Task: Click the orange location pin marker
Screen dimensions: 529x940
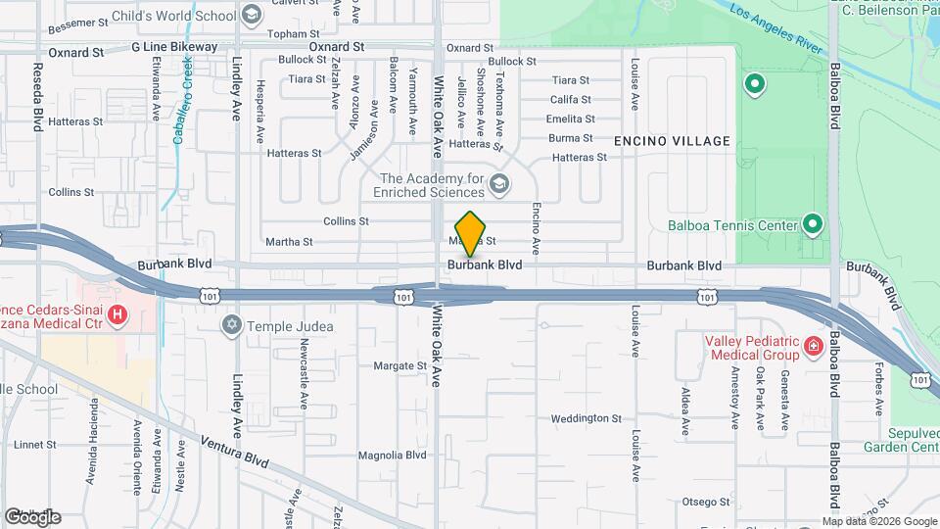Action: [471, 233]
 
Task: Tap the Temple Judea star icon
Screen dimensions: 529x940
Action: [232, 324]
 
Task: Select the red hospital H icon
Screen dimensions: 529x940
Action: [117, 314]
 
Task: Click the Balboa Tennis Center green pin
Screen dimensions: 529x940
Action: [812, 224]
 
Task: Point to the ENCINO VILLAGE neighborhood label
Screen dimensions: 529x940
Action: [672, 141]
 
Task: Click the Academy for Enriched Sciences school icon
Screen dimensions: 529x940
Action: [499, 184]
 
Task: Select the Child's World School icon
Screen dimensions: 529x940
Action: [252, 15]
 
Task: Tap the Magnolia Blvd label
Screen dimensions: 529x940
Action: [392, 456]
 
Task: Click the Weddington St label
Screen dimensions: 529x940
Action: [586, 418]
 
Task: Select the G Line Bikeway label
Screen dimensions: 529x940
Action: [174, 47]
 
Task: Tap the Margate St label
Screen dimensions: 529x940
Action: [400, 366]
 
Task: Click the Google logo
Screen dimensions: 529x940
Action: [32, 516]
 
